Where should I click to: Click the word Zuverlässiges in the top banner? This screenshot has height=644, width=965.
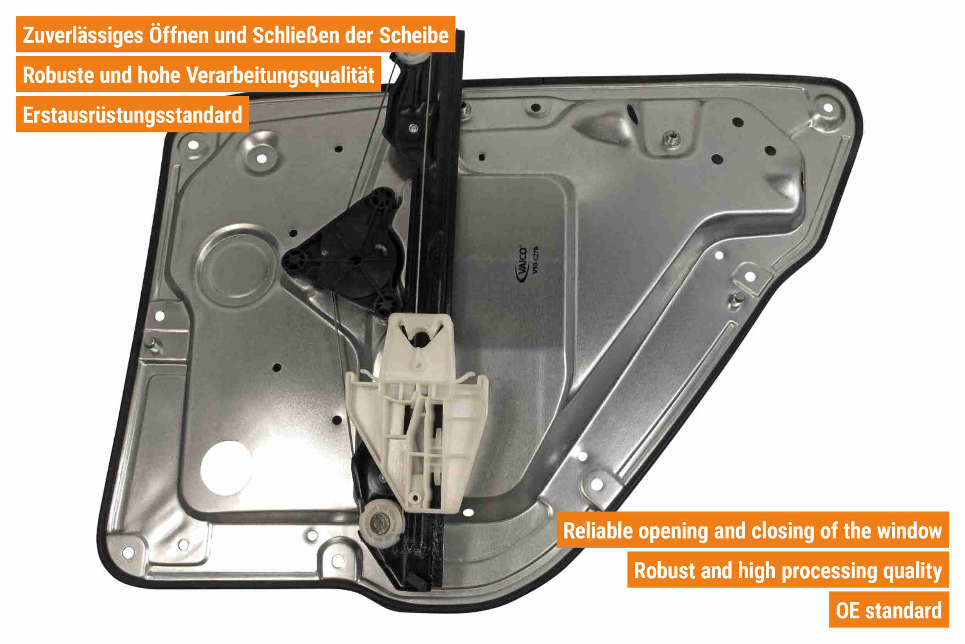point(83,36)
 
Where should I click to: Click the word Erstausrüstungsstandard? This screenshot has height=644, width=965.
point(132,115)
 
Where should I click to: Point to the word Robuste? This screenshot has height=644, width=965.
point(58,75)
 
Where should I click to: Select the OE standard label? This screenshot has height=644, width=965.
point(889,611)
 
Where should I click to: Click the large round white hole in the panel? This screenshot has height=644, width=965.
point(226,468)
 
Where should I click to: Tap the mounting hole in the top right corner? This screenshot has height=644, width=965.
point(828,107)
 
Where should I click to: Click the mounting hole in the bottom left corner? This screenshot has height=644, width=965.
point(128,552)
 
